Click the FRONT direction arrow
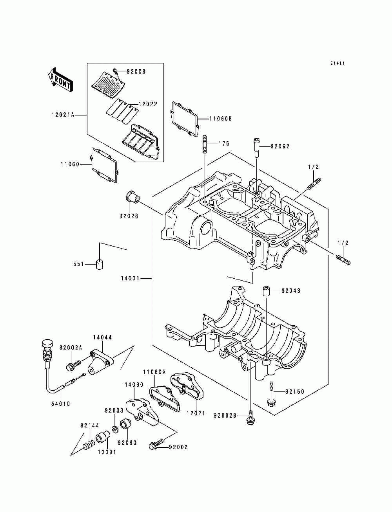pyautogui.click(x=60, y=80)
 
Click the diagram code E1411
pyautogui.click(x=338, y=63)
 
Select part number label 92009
pyautogui.click(x=136, y=72)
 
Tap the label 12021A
pyautogui.click(x=63, y=115)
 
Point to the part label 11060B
pyautogui.click(x=220, y=119)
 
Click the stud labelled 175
pyautogui.click(x=205, y=144)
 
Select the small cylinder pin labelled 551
pyautogui.click(x=100, y=264)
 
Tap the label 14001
pyautogui.click(x=130, y=279)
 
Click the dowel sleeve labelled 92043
pyautogui.click(x=267, y=291)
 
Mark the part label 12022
pyautogui.click(x=148, y=104)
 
